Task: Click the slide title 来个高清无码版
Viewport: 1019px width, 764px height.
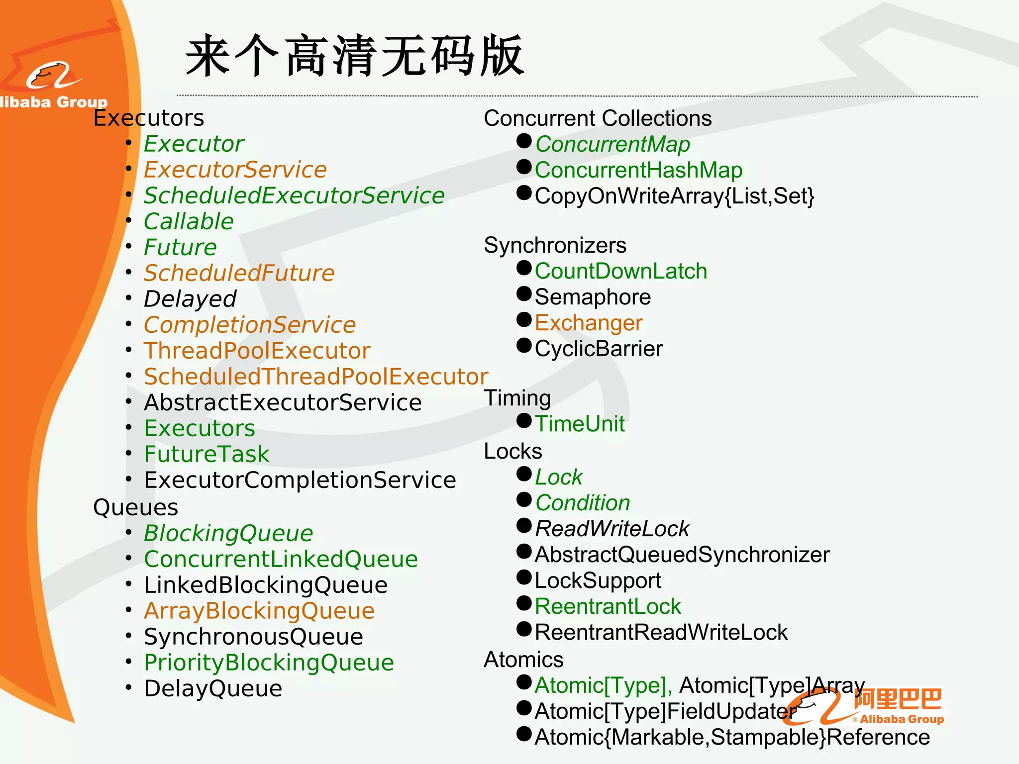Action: point(355,56)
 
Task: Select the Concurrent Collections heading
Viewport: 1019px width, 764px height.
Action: point(598,118)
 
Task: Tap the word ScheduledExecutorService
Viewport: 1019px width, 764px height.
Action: point(294,195)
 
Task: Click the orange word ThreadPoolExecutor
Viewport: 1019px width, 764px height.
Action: point(257,351)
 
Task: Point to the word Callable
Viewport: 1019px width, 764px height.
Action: point(189,221)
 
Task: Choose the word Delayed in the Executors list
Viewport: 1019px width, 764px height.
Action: point(190,299)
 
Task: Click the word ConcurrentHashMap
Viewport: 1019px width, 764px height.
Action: point(638,170)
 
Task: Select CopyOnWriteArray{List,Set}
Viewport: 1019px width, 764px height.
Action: point(674,196)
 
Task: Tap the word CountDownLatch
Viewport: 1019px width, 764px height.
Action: point(621,271)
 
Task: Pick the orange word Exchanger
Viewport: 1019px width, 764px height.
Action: point(589,323)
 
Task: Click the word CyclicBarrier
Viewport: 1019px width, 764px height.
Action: point(599,349)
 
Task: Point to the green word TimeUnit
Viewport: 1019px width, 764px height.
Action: point(580,424)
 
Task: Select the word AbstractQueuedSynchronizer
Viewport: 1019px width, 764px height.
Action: point(682,555)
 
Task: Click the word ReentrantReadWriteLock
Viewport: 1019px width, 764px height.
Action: point(661,632)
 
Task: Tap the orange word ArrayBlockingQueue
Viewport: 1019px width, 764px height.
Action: point(259,611)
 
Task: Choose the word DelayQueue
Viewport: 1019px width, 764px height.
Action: point(213,688)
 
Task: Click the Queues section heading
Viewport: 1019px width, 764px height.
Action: point(135,507)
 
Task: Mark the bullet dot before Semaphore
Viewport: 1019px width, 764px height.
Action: point(524,294)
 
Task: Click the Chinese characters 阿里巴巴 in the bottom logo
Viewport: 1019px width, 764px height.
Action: point(898,699)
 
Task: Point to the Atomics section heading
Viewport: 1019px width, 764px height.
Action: point(523,660)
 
